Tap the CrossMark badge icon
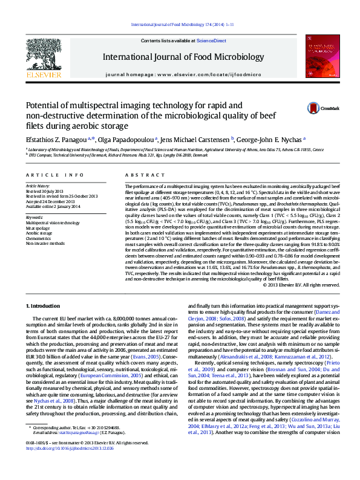click(296, 108)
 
